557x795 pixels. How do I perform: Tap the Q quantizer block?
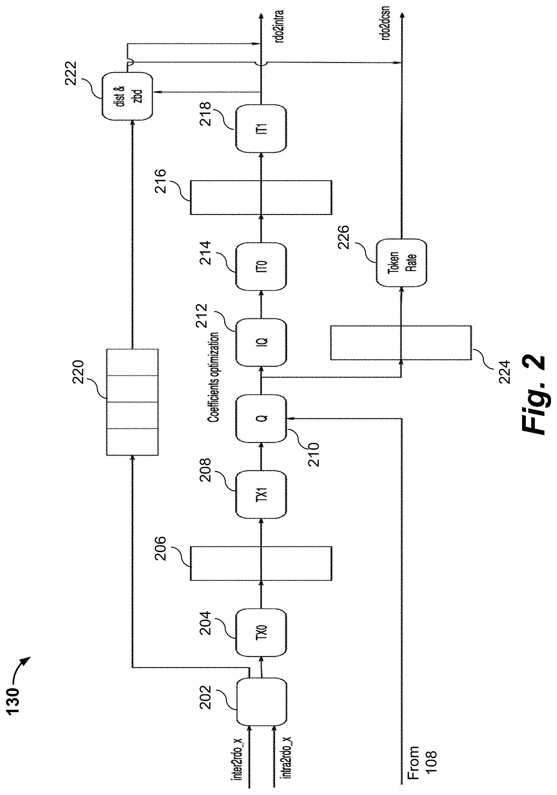tap(261, 419)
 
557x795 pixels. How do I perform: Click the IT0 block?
tap(261, 266)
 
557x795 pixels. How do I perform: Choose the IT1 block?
tap(261, 128)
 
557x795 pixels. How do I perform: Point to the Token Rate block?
tap(401, 263)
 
